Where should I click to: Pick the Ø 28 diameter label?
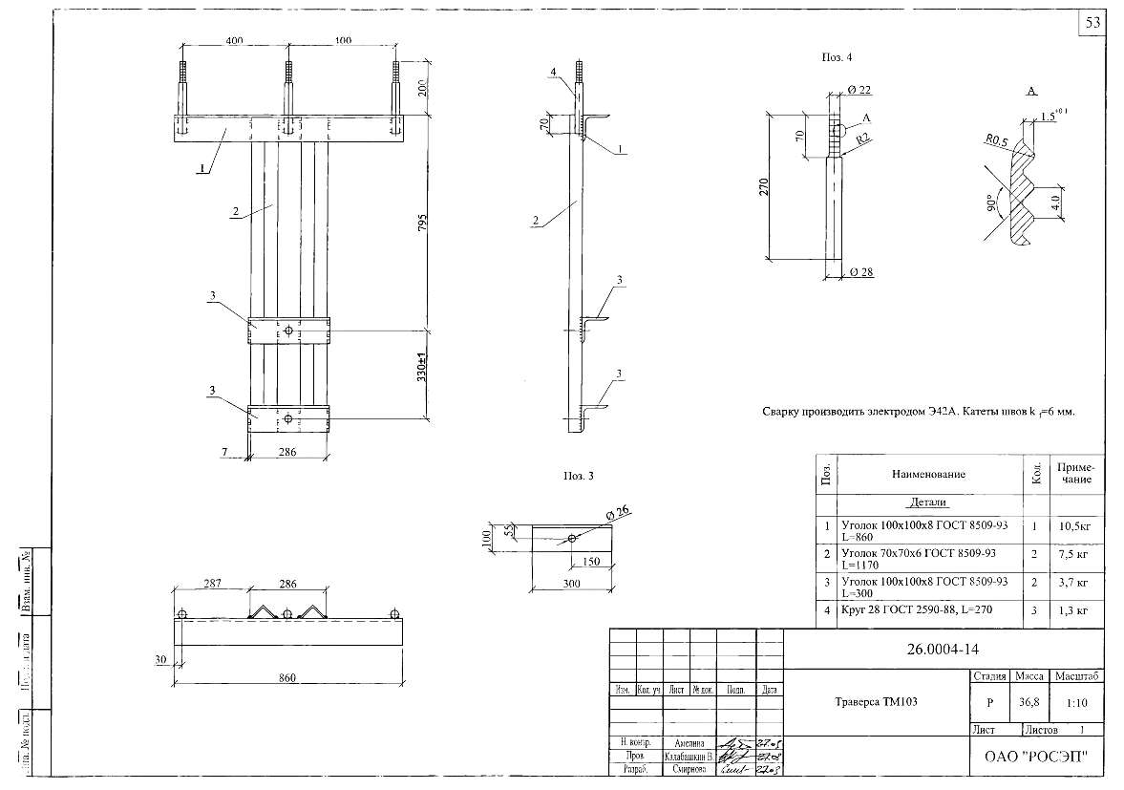[x=861, y=272]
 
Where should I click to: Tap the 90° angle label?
[x=993, y=203]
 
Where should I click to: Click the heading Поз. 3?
[x=580, y=475]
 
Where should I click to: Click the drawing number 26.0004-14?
[x=943, y=650]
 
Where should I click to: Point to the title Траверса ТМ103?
[x=872, y=701]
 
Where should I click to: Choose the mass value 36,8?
[x=1029, y=702]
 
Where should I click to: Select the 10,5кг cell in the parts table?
[x=1075, y=525]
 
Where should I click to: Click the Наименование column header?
[x=928, y=474]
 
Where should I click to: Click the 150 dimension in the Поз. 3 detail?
[x=592, y=562]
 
